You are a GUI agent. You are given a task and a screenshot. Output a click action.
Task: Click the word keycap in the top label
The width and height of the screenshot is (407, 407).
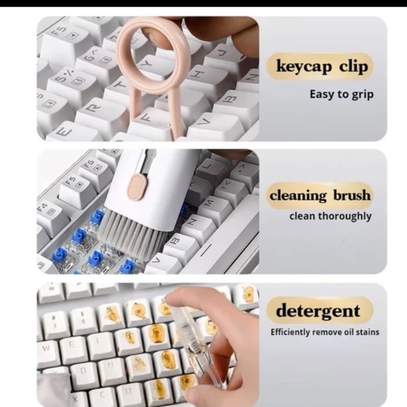(x=302, y=67)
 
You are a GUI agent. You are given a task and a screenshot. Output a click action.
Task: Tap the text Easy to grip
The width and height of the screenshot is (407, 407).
(x=342, y=94)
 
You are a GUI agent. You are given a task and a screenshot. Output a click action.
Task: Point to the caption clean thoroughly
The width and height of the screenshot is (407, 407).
(x=331, y=216)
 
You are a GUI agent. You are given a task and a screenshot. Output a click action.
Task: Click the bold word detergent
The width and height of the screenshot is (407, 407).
(x=318, y=310)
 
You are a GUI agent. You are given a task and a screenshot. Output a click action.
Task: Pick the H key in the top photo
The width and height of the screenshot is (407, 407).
(x=198, y=74)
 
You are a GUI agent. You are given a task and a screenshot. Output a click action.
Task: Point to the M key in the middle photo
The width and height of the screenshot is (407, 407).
(x=210, y=204)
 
